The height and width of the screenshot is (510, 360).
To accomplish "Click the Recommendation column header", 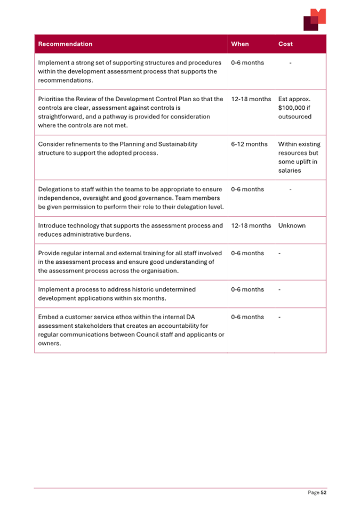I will pyautogui.click(x=65, y=44).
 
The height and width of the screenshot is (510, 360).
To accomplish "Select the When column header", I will pyautogui.click(x=240, y=44).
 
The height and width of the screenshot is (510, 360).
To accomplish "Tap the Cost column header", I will pyautogui.click(x=285, y=44).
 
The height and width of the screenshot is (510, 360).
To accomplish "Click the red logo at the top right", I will pyautogui.click(x=314, y=20).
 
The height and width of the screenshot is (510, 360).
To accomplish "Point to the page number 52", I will pyautogui.click(x=323, y=492).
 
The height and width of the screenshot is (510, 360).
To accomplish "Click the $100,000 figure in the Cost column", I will pyautogui.click(x=292, y=108).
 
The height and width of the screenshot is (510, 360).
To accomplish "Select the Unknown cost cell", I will pyautogui.click(x=292, y=225).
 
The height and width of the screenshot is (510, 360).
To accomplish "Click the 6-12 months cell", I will pyautogui.click(x=249, y=144).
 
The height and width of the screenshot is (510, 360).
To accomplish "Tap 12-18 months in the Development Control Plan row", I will pyautogui.click(x=251, y=99).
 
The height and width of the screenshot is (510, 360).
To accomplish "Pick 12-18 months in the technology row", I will pyautogui.click(x=251, y=225).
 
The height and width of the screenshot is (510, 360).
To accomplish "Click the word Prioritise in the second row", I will pyautogui.click(x=52, y=99).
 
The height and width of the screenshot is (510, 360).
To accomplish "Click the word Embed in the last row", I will pyautogui.click(x=48, y=317).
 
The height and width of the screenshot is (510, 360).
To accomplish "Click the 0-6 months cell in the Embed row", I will pyautogui.click(x=247, y=317).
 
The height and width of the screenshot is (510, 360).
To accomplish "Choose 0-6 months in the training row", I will pyautogui.click(x=247, y=253).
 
